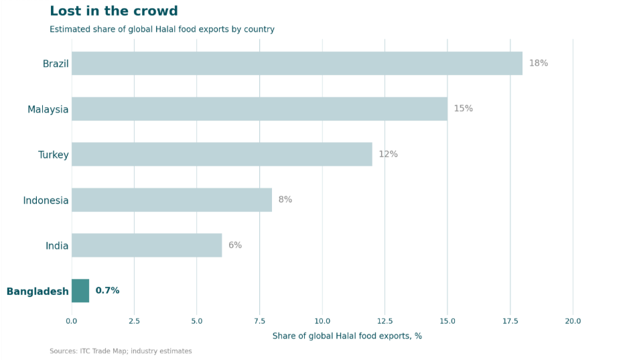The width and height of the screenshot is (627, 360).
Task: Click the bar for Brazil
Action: (297, 64)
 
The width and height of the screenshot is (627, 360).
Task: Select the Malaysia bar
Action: (259, 109)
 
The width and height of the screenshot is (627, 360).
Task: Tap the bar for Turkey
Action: (222, 154)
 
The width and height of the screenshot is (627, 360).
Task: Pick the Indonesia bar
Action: (171, 200)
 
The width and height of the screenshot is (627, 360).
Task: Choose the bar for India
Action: (147, 245)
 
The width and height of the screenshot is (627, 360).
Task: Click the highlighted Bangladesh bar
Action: (80, 291)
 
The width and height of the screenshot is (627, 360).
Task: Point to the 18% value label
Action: (539, 64)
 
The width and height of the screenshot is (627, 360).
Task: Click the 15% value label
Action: (463, 109)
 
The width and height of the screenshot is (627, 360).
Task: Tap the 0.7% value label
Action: (107, 291)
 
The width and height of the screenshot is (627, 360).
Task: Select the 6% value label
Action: (235, 245)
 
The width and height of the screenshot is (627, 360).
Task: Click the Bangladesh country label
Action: (38, 292)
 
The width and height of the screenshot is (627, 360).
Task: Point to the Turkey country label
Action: (54, 155)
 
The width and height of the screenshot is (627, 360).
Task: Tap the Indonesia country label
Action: (46, 200)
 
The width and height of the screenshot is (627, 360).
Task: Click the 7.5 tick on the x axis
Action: (259, 321)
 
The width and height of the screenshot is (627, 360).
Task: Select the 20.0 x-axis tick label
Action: (573, 321)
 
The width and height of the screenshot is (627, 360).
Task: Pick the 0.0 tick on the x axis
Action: (72, 321)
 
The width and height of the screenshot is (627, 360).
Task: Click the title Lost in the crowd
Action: (114, 11)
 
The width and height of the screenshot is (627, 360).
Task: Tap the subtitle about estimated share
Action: (162, 29)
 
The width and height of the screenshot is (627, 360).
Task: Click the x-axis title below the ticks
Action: (347, 336)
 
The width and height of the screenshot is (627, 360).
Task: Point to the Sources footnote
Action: (121, 351)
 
